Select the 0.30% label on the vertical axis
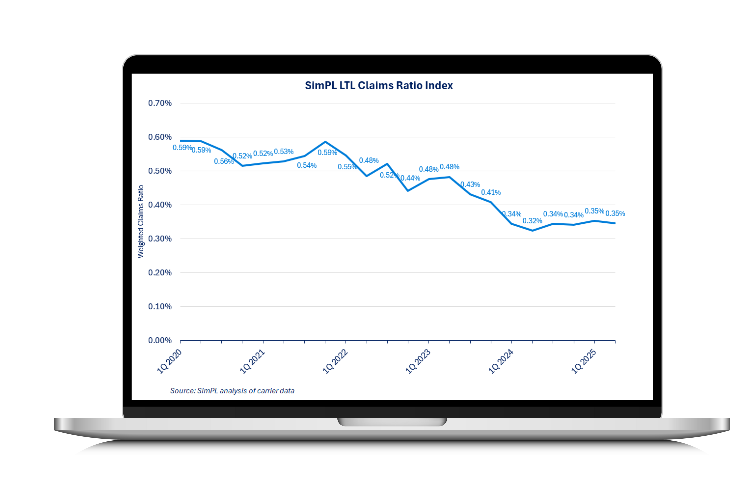(160, 239)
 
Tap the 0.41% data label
(491, 192)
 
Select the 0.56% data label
(224, 161)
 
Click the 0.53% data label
(284, 151)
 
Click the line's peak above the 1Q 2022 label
(325, 142)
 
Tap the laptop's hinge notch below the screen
(392, 422)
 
